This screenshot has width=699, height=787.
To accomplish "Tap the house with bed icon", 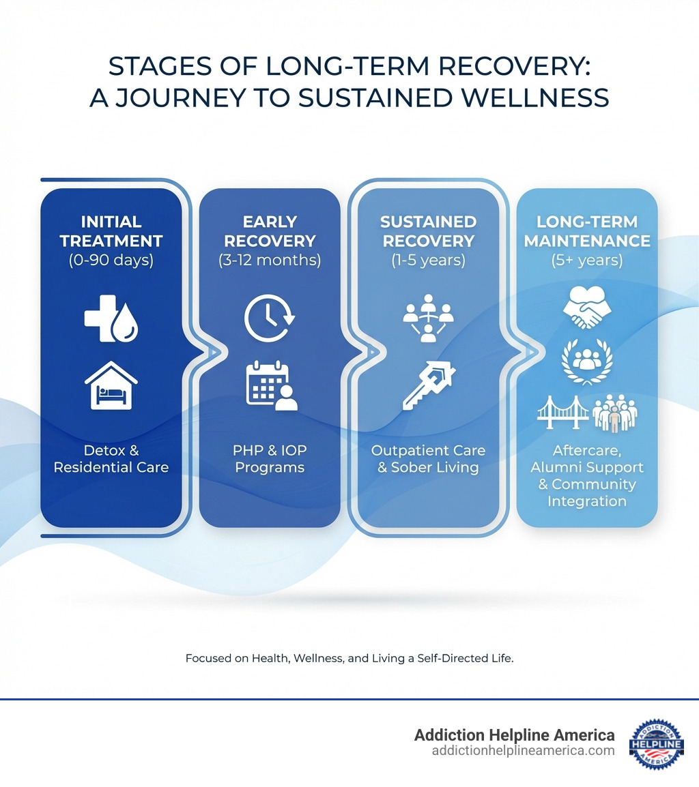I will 111,386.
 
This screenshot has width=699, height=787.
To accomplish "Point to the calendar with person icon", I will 272,387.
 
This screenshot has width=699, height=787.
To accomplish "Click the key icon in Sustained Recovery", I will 429,386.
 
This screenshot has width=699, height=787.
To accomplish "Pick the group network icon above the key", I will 428,317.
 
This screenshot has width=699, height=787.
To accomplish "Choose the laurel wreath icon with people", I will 586,361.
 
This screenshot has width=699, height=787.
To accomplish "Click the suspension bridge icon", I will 562,413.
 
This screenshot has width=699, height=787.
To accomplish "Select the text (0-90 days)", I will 111,261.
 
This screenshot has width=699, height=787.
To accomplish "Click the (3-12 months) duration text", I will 270,261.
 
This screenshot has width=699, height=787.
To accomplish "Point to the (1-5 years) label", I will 428,261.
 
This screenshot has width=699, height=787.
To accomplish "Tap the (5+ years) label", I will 586,261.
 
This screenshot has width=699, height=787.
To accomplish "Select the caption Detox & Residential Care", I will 111,459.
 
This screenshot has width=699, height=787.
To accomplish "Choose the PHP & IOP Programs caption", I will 270,459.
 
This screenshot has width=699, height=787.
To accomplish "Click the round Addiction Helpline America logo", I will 656,743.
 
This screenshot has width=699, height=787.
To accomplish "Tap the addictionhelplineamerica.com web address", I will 523,751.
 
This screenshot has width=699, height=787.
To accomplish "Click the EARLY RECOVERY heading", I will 270,231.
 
